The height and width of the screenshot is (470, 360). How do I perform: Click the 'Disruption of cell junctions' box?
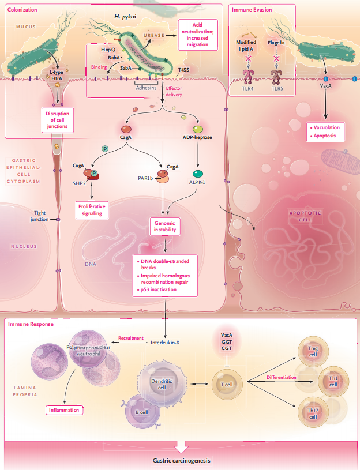tap(57, 120)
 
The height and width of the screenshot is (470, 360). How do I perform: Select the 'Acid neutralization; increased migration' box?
tap(197, 35)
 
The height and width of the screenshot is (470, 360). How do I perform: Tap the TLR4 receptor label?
tap(248, 89)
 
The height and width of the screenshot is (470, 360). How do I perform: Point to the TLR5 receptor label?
tap(277, 89)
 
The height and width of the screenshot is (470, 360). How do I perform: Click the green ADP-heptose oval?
tap(197, 130)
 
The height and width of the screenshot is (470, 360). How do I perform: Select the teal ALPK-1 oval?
tap(197, 174)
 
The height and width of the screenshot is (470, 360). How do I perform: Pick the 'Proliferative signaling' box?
tap(92, 210)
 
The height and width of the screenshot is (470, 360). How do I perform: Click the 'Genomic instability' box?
tap(165, 226)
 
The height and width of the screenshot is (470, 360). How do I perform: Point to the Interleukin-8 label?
tap(165, 343)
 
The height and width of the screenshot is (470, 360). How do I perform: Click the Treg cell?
tap(313, 351)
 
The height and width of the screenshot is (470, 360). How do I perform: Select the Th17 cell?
tap(313, 412)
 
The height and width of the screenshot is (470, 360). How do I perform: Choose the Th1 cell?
tap(333, 382)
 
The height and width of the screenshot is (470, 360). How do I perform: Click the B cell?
tap(142, 412)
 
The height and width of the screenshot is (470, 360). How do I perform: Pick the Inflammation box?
tap(64, 410)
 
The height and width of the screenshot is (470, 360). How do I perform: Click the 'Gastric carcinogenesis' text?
tap(182, 460)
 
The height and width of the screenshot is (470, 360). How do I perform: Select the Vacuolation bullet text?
tap(325, 127)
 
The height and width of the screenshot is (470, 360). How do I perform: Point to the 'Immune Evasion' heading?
tap(252, 10)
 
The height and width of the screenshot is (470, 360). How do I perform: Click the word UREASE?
tap(154, 35)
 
